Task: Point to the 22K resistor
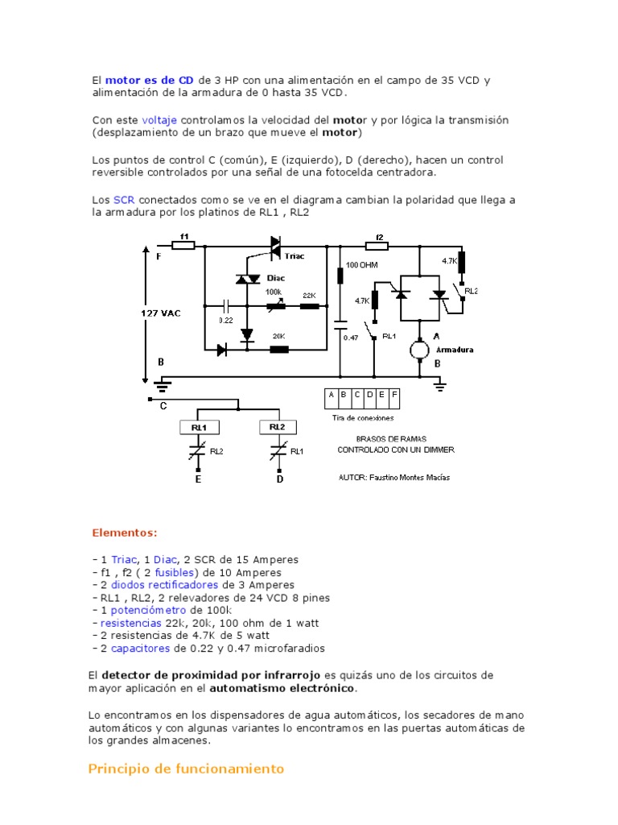(x=309, y=306)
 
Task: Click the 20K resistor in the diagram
(x=278, y=349)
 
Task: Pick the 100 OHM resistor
(x=340, y=276)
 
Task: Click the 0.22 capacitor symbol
(x=226, y=306)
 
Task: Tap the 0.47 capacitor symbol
(x=340, y=326)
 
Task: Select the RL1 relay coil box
(x=199, y=426)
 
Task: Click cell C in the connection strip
(x=356, y=396)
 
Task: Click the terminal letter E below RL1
(x=198, y=479)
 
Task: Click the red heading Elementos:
(x=125, y=533)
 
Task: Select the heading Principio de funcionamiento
(x=186, y=769)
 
